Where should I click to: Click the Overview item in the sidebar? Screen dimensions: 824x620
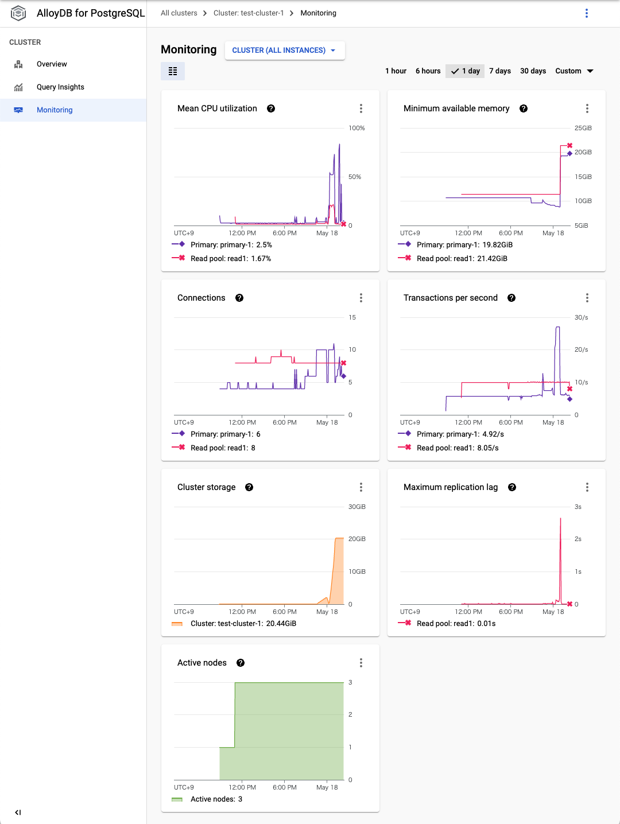click(x=52, y=64)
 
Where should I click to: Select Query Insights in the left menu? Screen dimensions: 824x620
click(x=60, y=87)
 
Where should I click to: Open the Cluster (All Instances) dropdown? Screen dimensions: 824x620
click(x=284, y=50)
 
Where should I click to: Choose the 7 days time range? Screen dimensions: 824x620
click(x=499, y=71)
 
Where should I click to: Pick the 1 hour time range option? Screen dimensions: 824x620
click(x=396, y=71)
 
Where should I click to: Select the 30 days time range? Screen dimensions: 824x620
click(x=533, y=71)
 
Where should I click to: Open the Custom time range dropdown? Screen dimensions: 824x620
click(x=574, y=71)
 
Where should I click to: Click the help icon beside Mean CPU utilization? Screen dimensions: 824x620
click(x=271, y=108)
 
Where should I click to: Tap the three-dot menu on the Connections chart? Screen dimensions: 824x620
click(x=361, y=298)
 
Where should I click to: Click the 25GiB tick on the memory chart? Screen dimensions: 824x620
click(x=583, y=128)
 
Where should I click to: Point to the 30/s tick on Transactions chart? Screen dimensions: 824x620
click(x=581, y=317)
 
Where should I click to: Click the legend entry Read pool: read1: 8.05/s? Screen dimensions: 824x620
click(x=457, y=448)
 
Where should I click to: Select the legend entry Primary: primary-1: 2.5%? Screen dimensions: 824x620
click(x=231, y=245)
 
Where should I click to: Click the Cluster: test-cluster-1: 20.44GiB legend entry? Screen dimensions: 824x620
click(x=243, y=624)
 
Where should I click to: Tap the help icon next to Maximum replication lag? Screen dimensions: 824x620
click(x=512, y=487)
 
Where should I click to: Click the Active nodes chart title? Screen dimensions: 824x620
click(x=202, y=663)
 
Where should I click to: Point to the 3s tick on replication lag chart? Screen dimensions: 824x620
click(x=578, y=507)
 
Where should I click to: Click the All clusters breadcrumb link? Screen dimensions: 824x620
click(x=179, y=13)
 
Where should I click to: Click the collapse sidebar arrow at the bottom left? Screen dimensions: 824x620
click(x=18, y=812)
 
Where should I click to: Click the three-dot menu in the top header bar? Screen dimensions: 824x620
click(x=586, y=13)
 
